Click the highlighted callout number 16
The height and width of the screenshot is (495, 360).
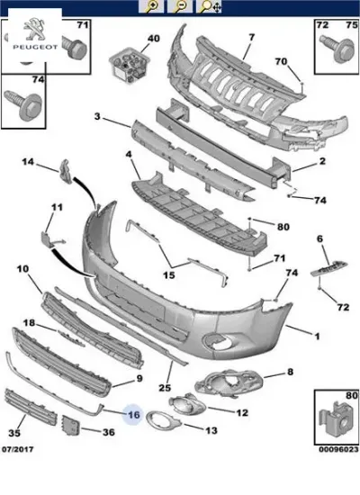coord(133,414)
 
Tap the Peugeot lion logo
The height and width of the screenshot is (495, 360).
coord(35,29)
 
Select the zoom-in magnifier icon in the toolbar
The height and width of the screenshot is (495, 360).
coord(151,6)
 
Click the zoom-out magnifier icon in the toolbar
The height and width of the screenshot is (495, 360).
coord(180,6)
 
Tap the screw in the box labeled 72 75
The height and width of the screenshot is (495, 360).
coord(337,49)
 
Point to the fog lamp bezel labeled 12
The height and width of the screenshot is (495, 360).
coord(187,404)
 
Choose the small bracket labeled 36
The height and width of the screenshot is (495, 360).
coord(71,425)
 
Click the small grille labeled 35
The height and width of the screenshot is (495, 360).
coord(31,407)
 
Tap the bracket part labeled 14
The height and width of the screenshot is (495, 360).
coord(66,170)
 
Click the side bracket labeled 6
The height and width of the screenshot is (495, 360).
coord(329,267)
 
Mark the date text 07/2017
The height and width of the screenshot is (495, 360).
coord(18,449)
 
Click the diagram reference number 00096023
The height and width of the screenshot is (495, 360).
coord(338,449)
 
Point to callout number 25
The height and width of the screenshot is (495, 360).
coord(165,387)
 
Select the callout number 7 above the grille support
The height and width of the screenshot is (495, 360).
coord(251,37)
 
